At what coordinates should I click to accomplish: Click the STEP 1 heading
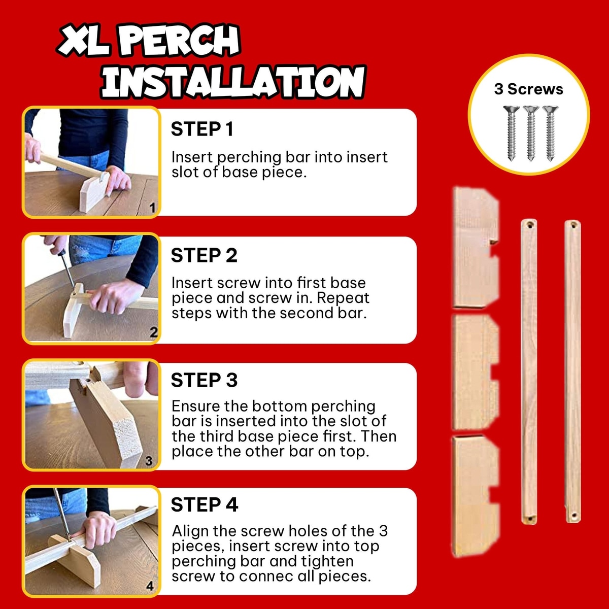[202, 129]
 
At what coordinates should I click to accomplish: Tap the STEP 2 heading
[204, 255]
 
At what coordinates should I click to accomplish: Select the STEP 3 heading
[204, 380]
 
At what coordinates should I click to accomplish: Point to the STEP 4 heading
[205, 504]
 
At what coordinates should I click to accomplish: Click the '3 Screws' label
[529, 89]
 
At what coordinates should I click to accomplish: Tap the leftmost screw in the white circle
[512, 133]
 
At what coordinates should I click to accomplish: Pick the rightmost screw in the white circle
[551, 133]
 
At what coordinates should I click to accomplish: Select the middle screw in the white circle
[531, 133]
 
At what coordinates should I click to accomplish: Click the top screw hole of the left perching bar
[529, 225]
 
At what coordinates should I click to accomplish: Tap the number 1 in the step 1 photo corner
[153, 208]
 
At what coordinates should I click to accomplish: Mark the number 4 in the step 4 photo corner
[150, 586]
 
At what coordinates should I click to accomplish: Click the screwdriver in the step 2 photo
[67, 269]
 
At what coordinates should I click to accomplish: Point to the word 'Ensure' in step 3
[195, 406]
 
